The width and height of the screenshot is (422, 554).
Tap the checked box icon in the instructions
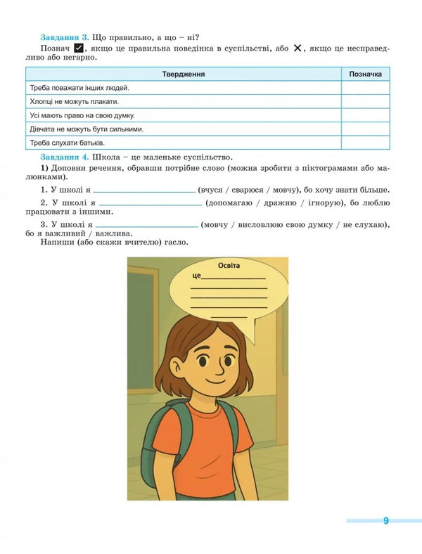(79, 48)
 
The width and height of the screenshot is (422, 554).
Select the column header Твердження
(184, 74)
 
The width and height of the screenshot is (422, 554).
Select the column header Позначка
(365, 74)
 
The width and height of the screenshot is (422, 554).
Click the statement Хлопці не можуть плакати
(72, 102)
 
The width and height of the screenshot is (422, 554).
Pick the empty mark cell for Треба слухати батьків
(365, 143)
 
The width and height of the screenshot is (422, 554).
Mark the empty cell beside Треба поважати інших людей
(365, 88)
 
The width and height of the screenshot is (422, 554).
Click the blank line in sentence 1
(144, 191)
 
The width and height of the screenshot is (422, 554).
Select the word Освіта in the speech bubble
(229, 265)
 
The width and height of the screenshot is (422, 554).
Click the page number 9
(385, 521)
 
